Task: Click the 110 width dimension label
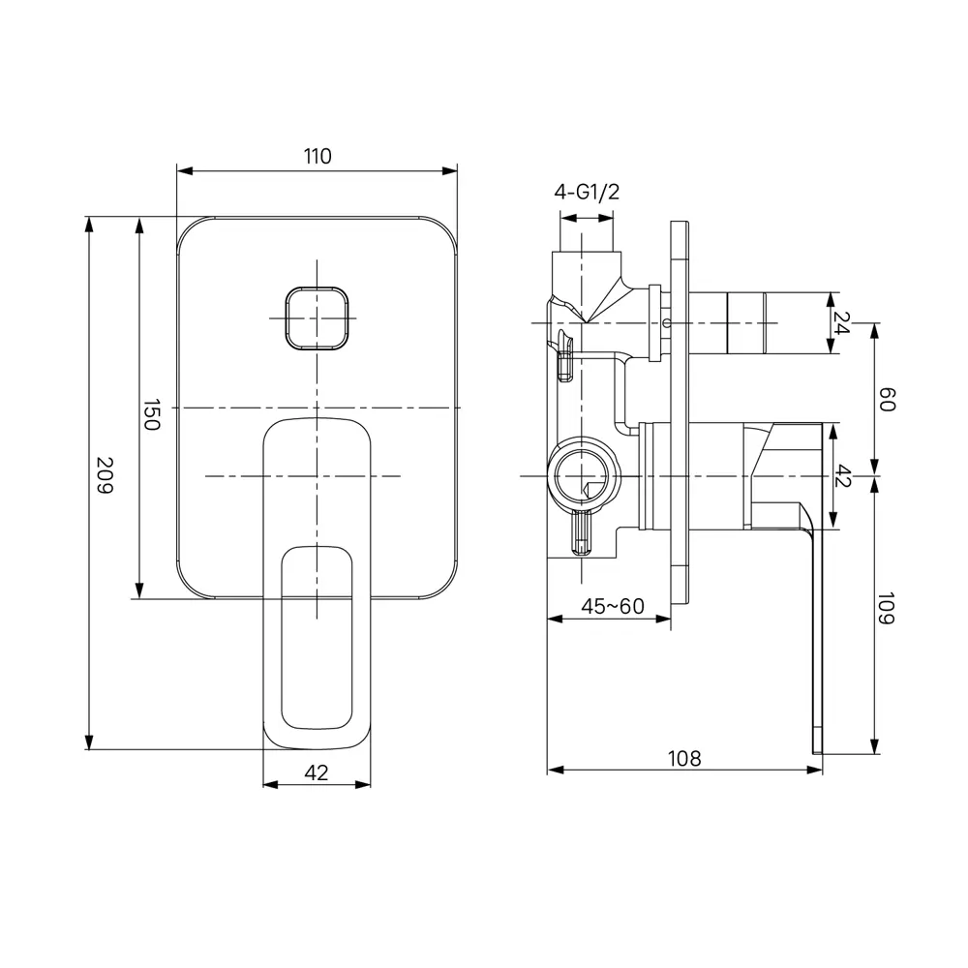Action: click(318, 156)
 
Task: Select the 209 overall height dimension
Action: click(105, 474)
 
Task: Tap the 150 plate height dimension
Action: click(152, 414)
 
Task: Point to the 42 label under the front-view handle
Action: click(317, 772)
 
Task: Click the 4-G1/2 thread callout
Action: click(587, 192)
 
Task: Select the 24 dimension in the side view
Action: click(841, 322)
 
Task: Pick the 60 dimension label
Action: click(887, 400)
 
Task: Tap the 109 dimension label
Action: click(887, 609)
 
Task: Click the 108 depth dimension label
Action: click(684, 758)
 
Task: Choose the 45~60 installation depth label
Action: click(613, 606)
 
